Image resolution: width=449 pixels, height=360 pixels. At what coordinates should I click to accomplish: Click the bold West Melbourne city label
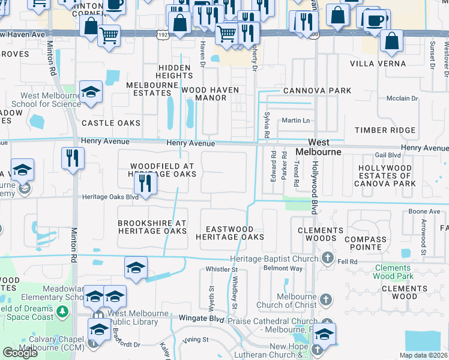click(325, 147)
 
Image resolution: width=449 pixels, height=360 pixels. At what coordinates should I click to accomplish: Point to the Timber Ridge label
click(385, 130)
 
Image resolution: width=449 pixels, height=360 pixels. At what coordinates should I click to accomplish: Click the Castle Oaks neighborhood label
click(110, 123)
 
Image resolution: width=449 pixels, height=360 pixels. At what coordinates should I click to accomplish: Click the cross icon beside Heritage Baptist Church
click(328, 259)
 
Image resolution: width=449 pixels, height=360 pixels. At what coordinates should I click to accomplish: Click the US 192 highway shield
click(163, 35)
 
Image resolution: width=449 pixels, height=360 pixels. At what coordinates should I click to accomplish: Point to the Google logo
click(20, 353)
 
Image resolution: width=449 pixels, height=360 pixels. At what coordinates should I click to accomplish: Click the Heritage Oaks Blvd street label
click(110, 197)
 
